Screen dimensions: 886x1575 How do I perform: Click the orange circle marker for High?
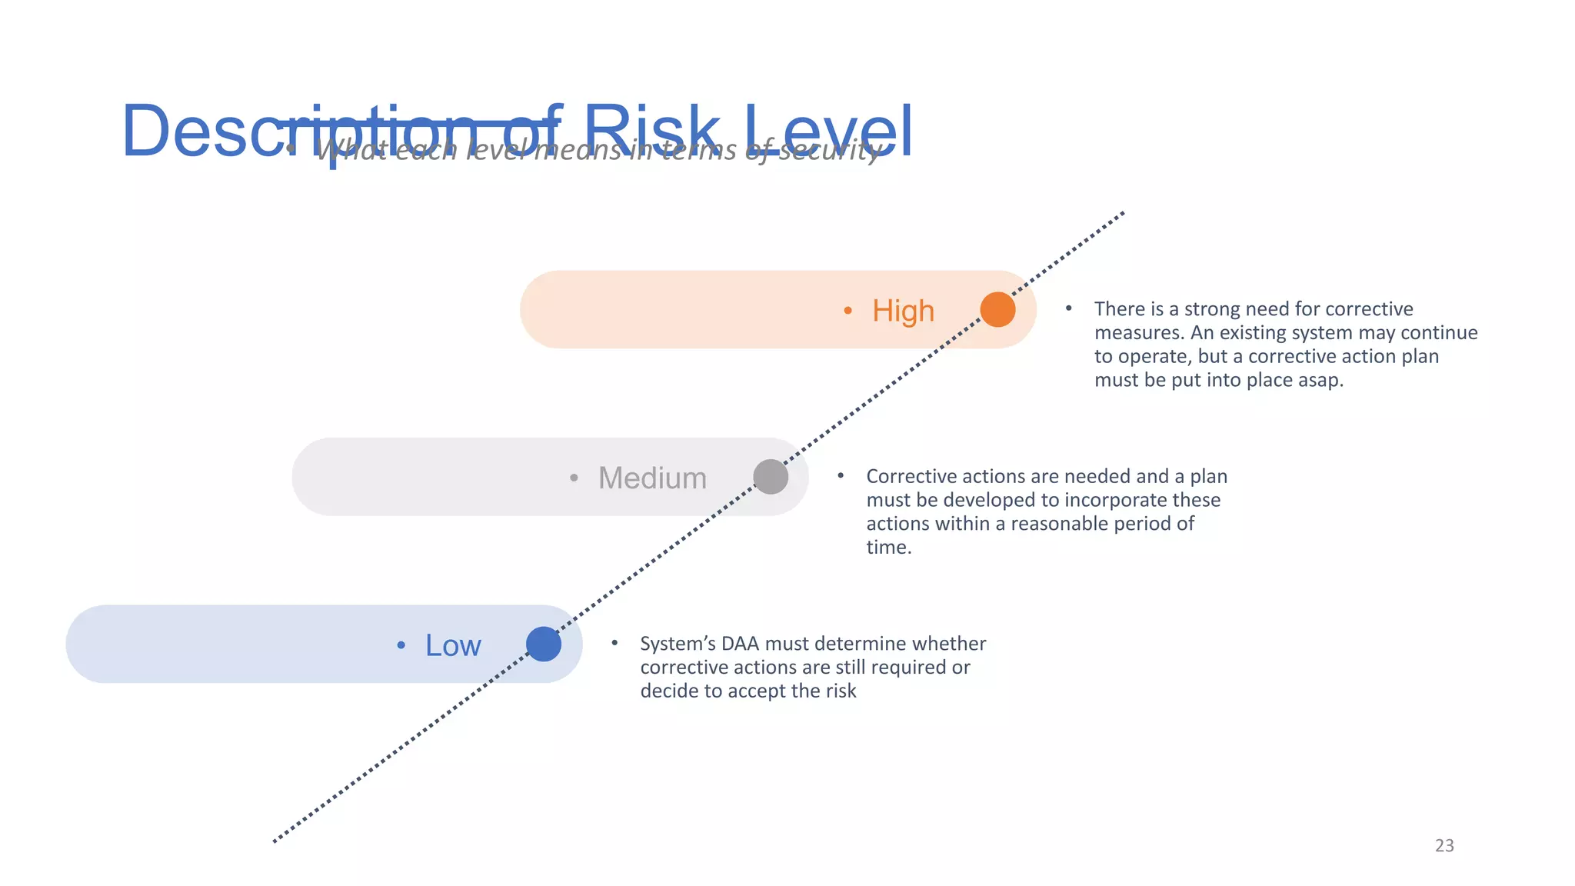coord(997,309)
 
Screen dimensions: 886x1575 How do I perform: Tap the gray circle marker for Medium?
coord(771,477)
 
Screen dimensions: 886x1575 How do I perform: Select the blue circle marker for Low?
coord(544,645)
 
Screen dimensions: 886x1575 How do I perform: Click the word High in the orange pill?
coord(903,311)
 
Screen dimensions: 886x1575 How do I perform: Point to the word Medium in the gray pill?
coord(652,478)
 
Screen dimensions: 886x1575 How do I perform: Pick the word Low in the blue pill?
coord(453,645)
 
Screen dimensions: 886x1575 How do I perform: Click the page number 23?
coord(1444,845)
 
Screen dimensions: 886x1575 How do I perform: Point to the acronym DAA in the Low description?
coord(740,644)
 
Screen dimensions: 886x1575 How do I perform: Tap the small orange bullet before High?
coord(847,311)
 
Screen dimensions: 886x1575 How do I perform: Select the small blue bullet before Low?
coord(401,645)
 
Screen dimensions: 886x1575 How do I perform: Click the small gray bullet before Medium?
coord(574,478)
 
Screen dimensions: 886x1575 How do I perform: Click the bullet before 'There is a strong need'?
coord(1068,308)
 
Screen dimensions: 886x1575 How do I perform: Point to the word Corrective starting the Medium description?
coord(911,476)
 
